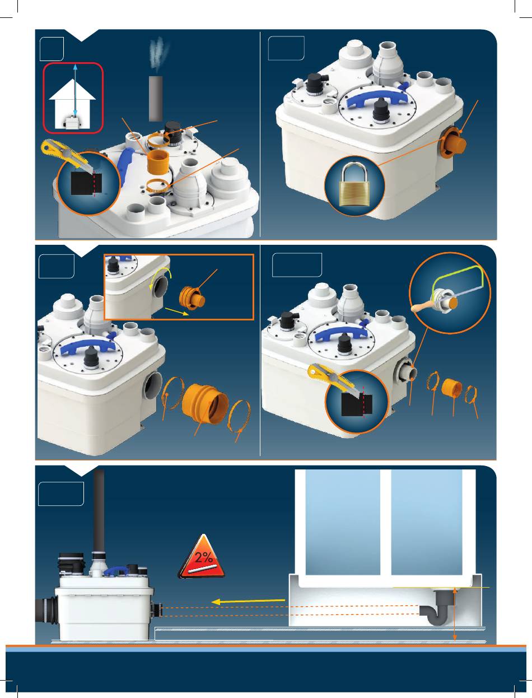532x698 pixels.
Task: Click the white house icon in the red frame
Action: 72,104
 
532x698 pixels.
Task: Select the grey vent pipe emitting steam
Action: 156,98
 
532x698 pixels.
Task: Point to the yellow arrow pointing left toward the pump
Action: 248,601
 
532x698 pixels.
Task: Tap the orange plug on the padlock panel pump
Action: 454,143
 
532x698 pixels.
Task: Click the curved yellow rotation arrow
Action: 159,276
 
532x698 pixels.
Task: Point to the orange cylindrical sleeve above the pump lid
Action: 158,162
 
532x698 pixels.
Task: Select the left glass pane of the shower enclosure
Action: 343,522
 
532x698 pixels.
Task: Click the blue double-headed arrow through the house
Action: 75,90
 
